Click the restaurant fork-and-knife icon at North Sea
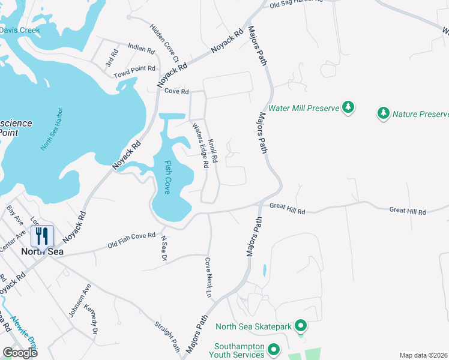41,235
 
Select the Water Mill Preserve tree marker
348,107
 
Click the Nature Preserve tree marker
383,113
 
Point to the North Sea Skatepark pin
301,326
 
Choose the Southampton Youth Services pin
274,349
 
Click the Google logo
20,352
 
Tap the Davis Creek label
19,30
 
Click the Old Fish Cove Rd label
131,240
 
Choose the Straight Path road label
167,335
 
